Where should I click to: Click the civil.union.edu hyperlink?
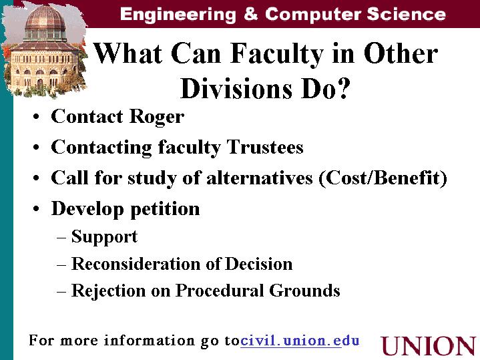coord(300,341)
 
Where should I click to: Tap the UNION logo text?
coord(429,346)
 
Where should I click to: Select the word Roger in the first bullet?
coord(156,117)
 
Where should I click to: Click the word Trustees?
coord(265,147)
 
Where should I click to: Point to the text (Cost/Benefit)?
coord(383,178)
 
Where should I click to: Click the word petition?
coord(165,209)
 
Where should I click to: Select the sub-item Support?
coord(104,237)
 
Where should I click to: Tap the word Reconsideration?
coord(136,264)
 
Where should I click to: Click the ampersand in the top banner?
coord(251,14)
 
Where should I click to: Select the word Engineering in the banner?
coord(178,15)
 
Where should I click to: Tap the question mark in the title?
coord(342,89)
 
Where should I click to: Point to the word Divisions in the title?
coord(236,88)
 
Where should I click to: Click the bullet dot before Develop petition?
coord(37,209)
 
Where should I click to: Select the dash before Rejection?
coord(61,291)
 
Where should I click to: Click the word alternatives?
coord(260,178)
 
